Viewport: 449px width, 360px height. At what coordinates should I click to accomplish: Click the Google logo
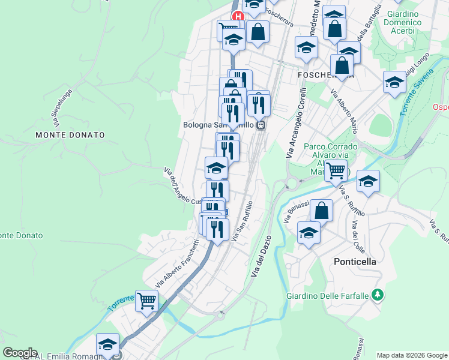tap(20, 352)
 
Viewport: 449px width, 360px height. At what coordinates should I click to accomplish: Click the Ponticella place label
tap(355, 262)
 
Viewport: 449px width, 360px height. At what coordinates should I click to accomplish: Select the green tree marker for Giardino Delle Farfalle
tap(377, 294)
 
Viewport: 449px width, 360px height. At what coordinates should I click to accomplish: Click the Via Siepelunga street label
tap(61, 109)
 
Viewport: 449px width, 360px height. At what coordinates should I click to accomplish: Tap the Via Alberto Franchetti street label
tap(177, 263)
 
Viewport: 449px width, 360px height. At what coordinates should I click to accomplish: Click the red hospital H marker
tap(238, 17)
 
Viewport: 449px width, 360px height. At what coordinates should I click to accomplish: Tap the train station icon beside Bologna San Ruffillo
tap(261, 125)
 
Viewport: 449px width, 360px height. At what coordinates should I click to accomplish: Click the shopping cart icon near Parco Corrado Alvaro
tap(336, 170)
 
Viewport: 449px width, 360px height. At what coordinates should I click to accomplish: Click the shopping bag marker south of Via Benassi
tap(321, 210)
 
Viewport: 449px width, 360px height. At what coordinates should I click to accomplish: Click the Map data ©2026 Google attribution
tap(411, 355)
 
